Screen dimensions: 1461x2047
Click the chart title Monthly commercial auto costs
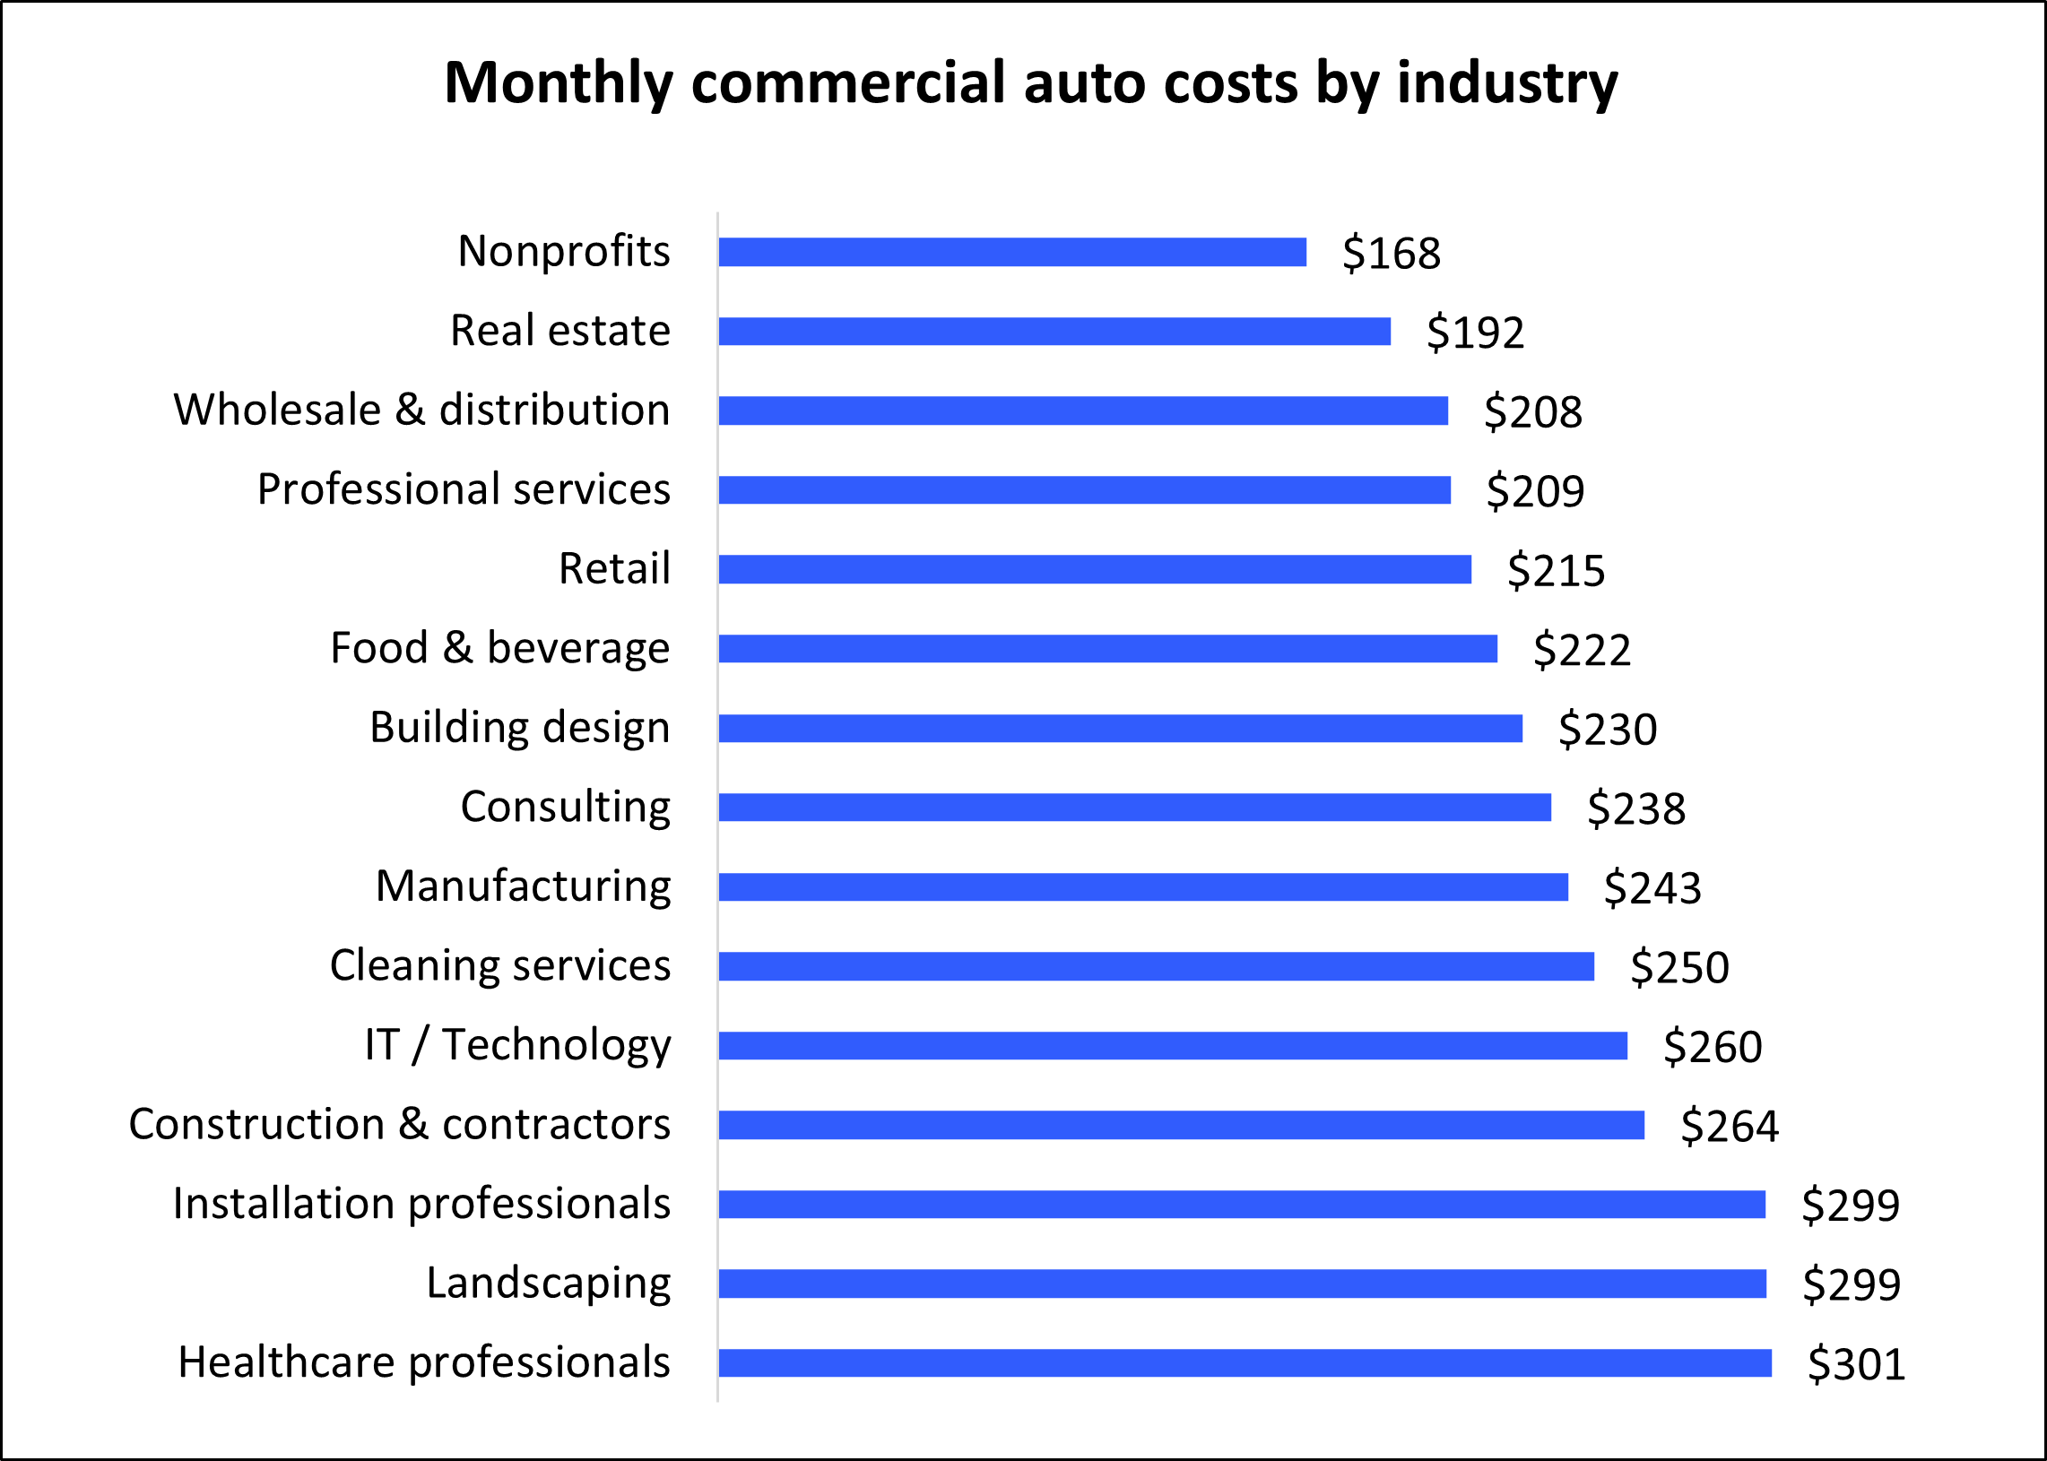tap(1030, 83)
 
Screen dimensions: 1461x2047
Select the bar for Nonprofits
tap(1011, 252)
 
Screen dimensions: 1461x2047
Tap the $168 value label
tap(1390, 253)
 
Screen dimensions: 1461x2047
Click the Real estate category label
tap(559, 330)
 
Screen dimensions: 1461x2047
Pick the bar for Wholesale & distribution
tap(1082, 411)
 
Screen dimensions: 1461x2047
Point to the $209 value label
tap(1534, 491)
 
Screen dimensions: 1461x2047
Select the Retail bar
tap(1094, 569)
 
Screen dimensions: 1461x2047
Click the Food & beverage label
tap(499, 649)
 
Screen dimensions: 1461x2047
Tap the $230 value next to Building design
tap(1606, 729)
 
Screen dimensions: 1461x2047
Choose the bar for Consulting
tap(1133, 808)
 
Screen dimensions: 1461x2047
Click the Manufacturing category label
tap(523, 886)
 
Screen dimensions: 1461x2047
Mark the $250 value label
tap(1679, 967)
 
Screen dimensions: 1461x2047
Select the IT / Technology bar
tap(1172, 1045)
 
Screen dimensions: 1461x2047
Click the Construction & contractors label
tap(400, 1125)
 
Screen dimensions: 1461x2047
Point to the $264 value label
tap(1729, 1126)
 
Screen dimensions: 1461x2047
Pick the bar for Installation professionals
tap(1241, 1205)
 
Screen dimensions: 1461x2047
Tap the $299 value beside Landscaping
tap(1851, 1284)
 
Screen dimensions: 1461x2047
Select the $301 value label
tap(1855, 1364)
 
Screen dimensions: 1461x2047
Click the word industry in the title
tap(1506, 83)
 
